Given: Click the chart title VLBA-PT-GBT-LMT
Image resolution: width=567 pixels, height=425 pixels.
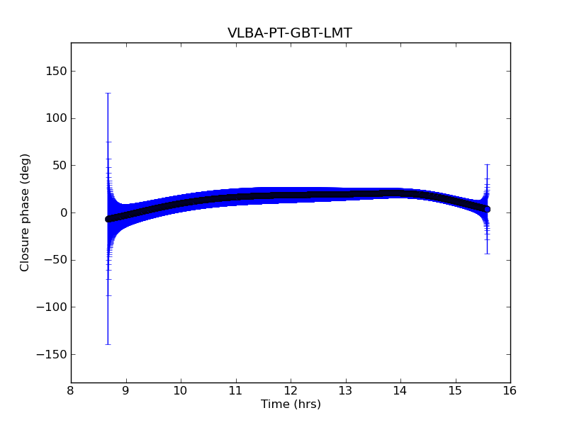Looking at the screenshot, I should point(290,33).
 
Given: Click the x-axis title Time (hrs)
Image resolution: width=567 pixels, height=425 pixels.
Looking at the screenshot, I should point(291,404).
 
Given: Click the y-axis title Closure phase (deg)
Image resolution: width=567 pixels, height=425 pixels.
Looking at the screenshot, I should point(26,212).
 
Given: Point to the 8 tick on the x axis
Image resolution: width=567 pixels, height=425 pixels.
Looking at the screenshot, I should point(71,390).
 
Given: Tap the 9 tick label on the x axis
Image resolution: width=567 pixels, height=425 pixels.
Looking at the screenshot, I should point(125,390).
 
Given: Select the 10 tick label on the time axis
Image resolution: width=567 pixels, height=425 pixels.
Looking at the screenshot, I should point(181,390).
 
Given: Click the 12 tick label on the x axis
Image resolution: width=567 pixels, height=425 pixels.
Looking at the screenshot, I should point(291,390).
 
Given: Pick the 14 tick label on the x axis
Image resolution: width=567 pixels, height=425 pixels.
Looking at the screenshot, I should point(400,390).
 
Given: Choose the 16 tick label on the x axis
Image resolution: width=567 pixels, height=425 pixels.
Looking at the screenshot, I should point(510,390).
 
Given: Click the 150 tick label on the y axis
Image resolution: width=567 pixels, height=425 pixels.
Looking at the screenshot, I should point(56,71).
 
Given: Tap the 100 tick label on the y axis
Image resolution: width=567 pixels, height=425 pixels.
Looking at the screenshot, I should point(56,118).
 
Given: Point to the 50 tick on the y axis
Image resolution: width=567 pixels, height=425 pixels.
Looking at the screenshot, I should point(59,165).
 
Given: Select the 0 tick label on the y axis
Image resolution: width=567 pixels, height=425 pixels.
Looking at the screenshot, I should point(62,212).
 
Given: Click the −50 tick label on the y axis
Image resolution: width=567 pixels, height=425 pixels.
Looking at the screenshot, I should point(56,260).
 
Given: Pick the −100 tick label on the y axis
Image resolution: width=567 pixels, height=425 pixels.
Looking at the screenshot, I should point(53,307).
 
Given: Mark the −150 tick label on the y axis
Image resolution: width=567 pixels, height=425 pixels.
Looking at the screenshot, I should point(53,354).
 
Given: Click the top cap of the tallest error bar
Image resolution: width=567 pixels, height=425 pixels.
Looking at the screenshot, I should point(108,93).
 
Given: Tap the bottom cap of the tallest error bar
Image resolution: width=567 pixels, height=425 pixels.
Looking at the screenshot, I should point(108,344).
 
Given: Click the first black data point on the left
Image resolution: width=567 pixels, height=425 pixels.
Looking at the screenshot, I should point(108,219).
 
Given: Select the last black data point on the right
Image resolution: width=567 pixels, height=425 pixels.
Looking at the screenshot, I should point(487,209).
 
